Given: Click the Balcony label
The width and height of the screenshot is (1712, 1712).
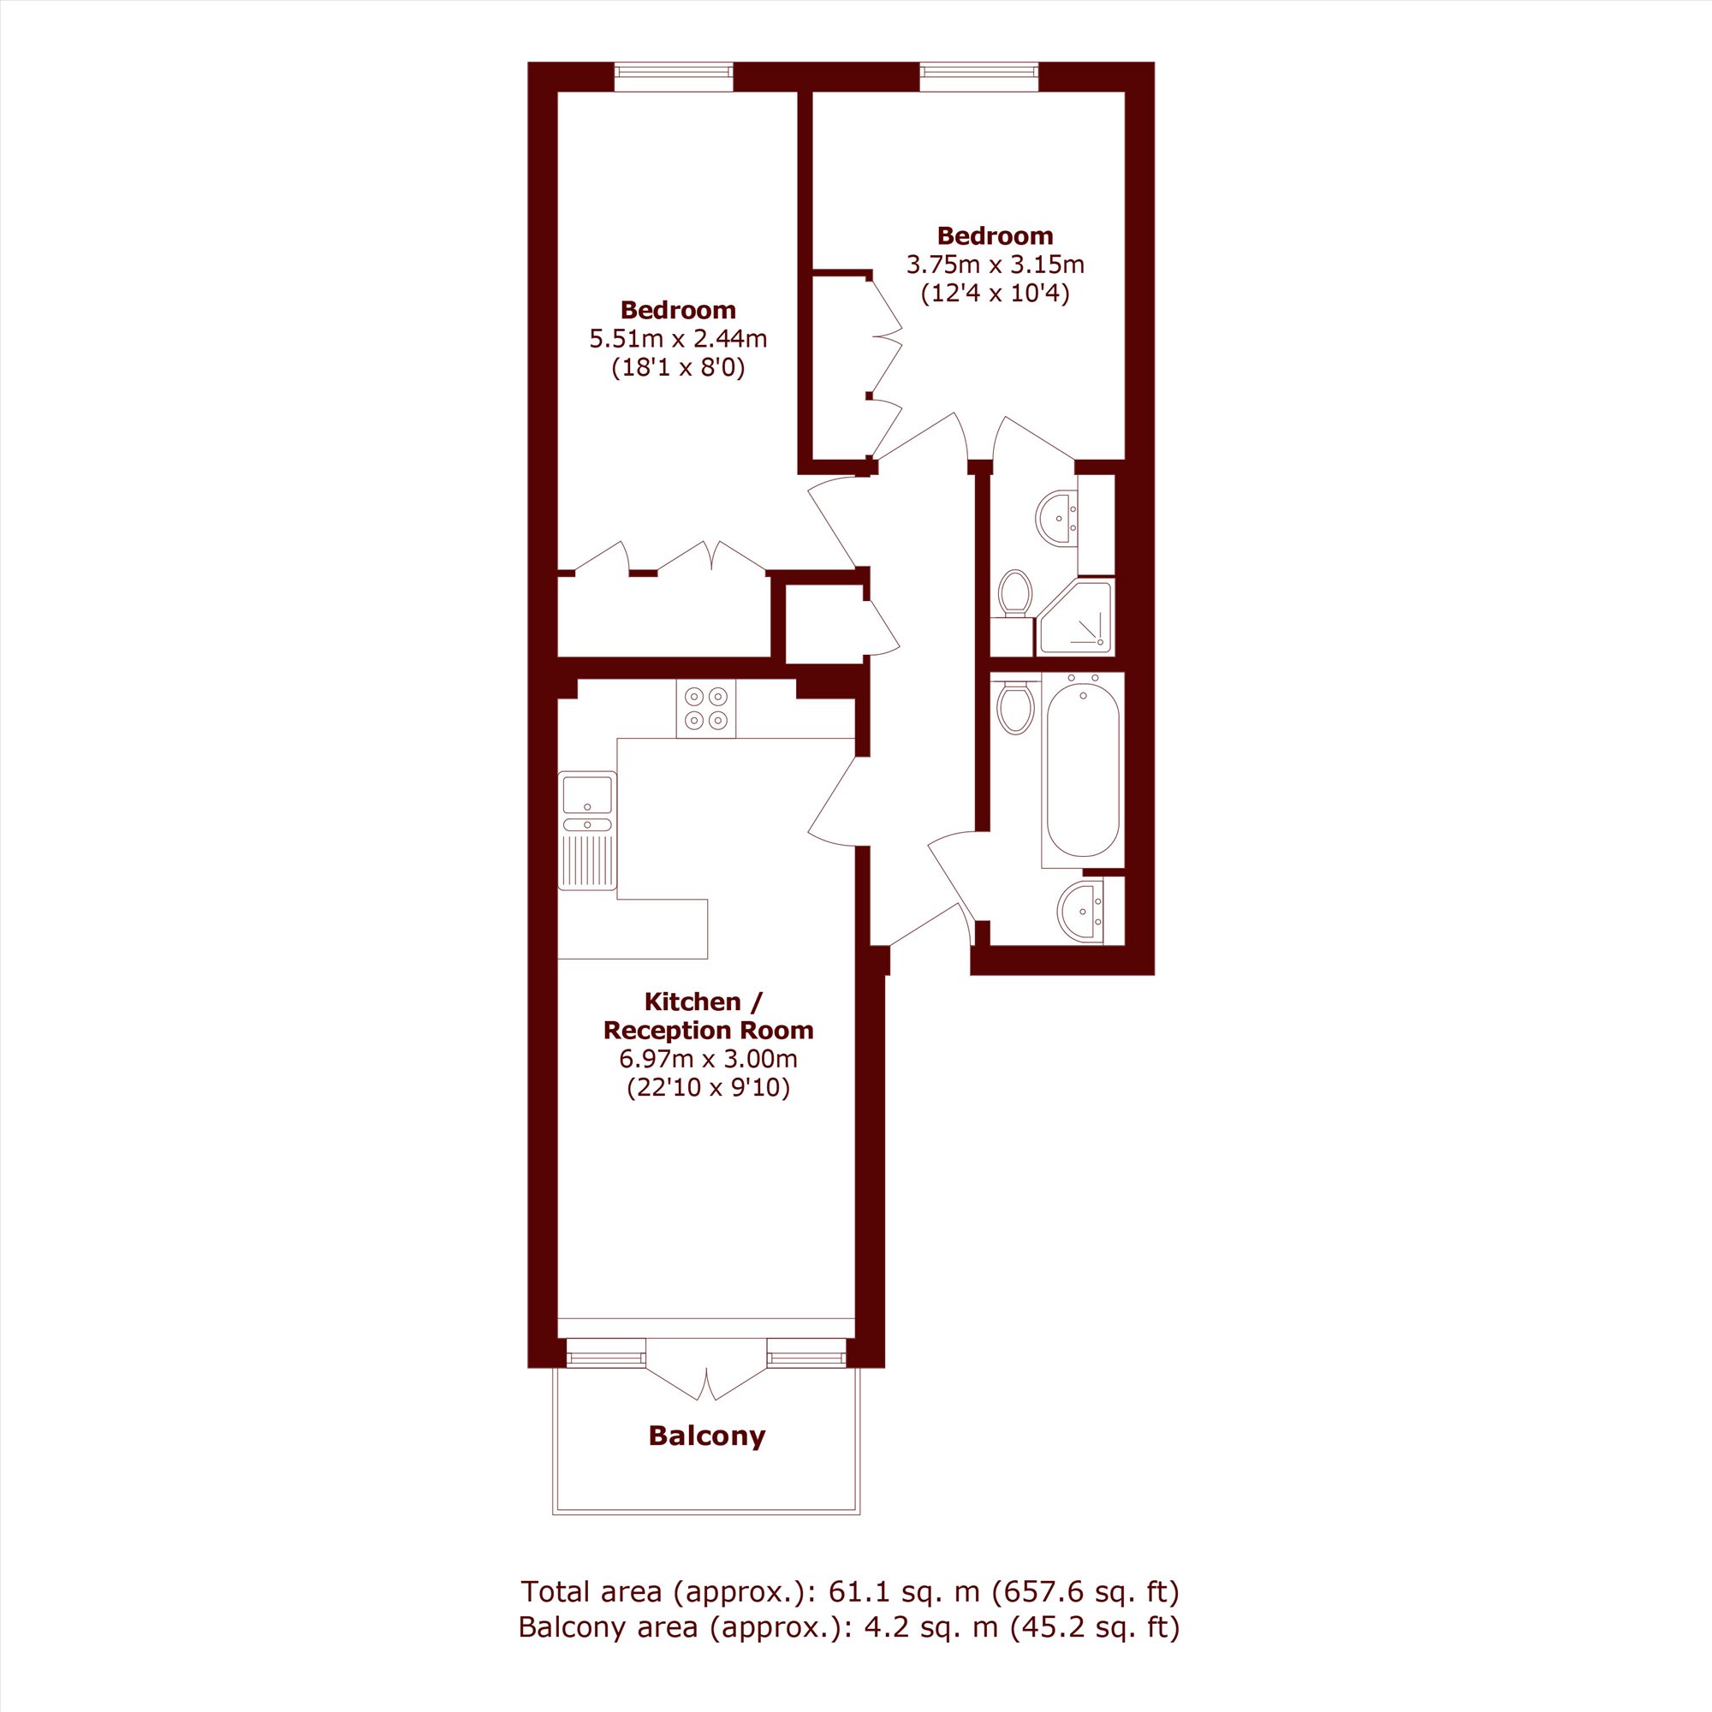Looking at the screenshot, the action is tap(706, 1436).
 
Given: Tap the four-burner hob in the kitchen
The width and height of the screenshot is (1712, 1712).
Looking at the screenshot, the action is tap(705, 708).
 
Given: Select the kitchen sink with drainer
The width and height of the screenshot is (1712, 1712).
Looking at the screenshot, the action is tap(587, 830).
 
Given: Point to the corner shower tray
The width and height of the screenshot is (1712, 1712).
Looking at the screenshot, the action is tap(1076, 618).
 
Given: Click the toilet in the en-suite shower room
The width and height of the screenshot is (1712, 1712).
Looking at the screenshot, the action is tap(1014, 594).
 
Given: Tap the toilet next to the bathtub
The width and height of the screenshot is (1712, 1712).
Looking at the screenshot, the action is tap(1014, 706).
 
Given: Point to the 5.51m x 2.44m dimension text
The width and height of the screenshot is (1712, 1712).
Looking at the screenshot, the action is tap(678, 338).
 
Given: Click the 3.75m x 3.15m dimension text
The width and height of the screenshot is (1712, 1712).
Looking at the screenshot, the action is tap(996, 264).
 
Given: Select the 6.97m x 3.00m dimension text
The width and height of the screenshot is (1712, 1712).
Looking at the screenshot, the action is tap(708, 1058).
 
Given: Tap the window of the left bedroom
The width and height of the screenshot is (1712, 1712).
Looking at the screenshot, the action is tap(675, 76).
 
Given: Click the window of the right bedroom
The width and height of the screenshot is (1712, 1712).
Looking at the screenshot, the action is tap(978, 76).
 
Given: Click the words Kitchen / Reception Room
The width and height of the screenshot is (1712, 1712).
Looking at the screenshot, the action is tap(708, 1015).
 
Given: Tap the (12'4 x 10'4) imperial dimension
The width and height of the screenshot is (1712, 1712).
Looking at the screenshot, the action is tap(996, 294).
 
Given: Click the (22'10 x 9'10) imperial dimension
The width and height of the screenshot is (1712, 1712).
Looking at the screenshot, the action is tap(708, 1087).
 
